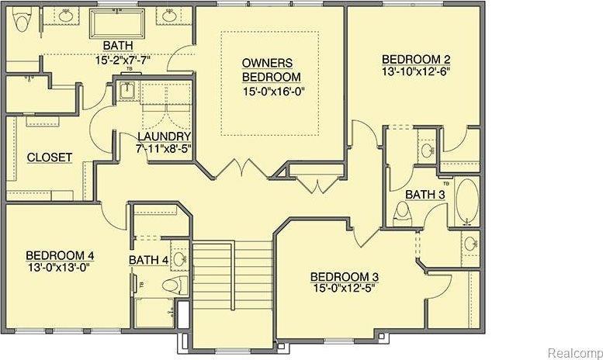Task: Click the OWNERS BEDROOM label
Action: tap(271, 70)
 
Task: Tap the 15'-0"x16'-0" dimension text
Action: tap(271, 92)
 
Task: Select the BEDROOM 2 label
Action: tap(416, 60)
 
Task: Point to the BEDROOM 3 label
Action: tap(345, 277)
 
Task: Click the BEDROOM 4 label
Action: tap(60, 255)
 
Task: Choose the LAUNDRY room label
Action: tap(165, 136)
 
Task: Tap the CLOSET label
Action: tap(50, 157)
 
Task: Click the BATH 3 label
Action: tap(425, 195)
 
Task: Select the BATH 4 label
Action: tap(149, 260)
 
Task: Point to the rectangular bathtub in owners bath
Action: tap(117, 23)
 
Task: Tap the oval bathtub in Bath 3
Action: tap(467, 202)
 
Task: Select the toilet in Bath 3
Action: tap(403, 215)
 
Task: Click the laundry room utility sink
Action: tap(126, 91)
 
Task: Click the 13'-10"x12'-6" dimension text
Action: tap(416, 71)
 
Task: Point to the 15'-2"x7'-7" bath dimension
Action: tap(123, 60)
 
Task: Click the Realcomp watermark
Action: tap(575, 352)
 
